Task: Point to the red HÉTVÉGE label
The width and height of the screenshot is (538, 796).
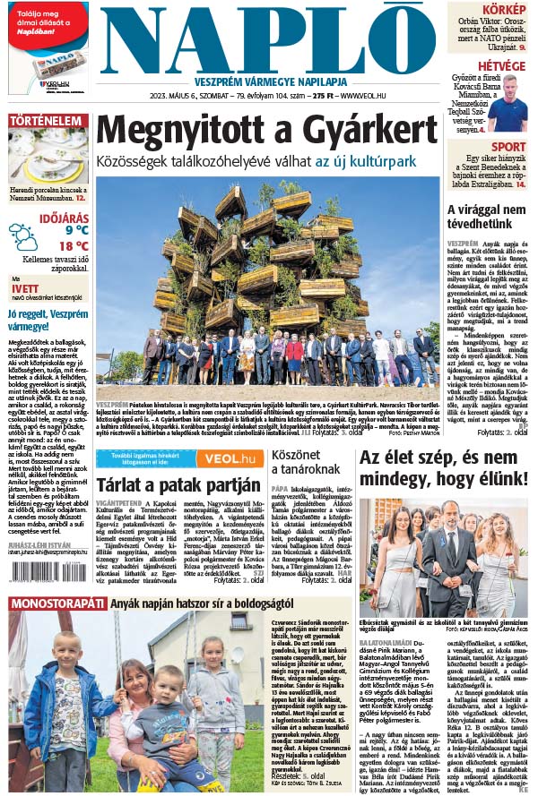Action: [500, 65]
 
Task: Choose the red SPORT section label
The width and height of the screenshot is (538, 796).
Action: [508, 147]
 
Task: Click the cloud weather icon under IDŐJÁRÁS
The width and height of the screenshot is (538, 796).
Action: [23, 237]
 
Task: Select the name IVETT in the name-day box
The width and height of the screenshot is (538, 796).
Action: [24, 288]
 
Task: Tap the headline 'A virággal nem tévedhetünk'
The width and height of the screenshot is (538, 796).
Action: [486, 217]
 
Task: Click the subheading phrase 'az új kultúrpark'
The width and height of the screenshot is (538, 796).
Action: [365, 161]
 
